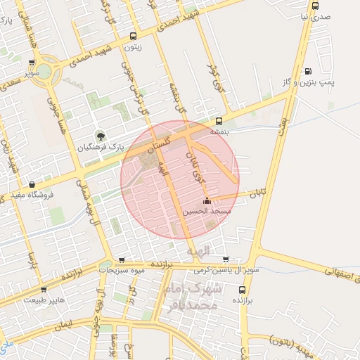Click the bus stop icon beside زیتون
point(133,36)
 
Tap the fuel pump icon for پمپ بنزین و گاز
point(308,71)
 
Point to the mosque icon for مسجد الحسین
point(205,201)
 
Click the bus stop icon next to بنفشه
point(219,120)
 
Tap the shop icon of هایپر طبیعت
point(44,288)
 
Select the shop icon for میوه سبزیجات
point(122,259)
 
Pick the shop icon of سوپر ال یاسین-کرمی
point(225,259)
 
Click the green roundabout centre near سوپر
point(44,71)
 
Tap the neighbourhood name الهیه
point(198,250)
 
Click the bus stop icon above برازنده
point(243,289)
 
